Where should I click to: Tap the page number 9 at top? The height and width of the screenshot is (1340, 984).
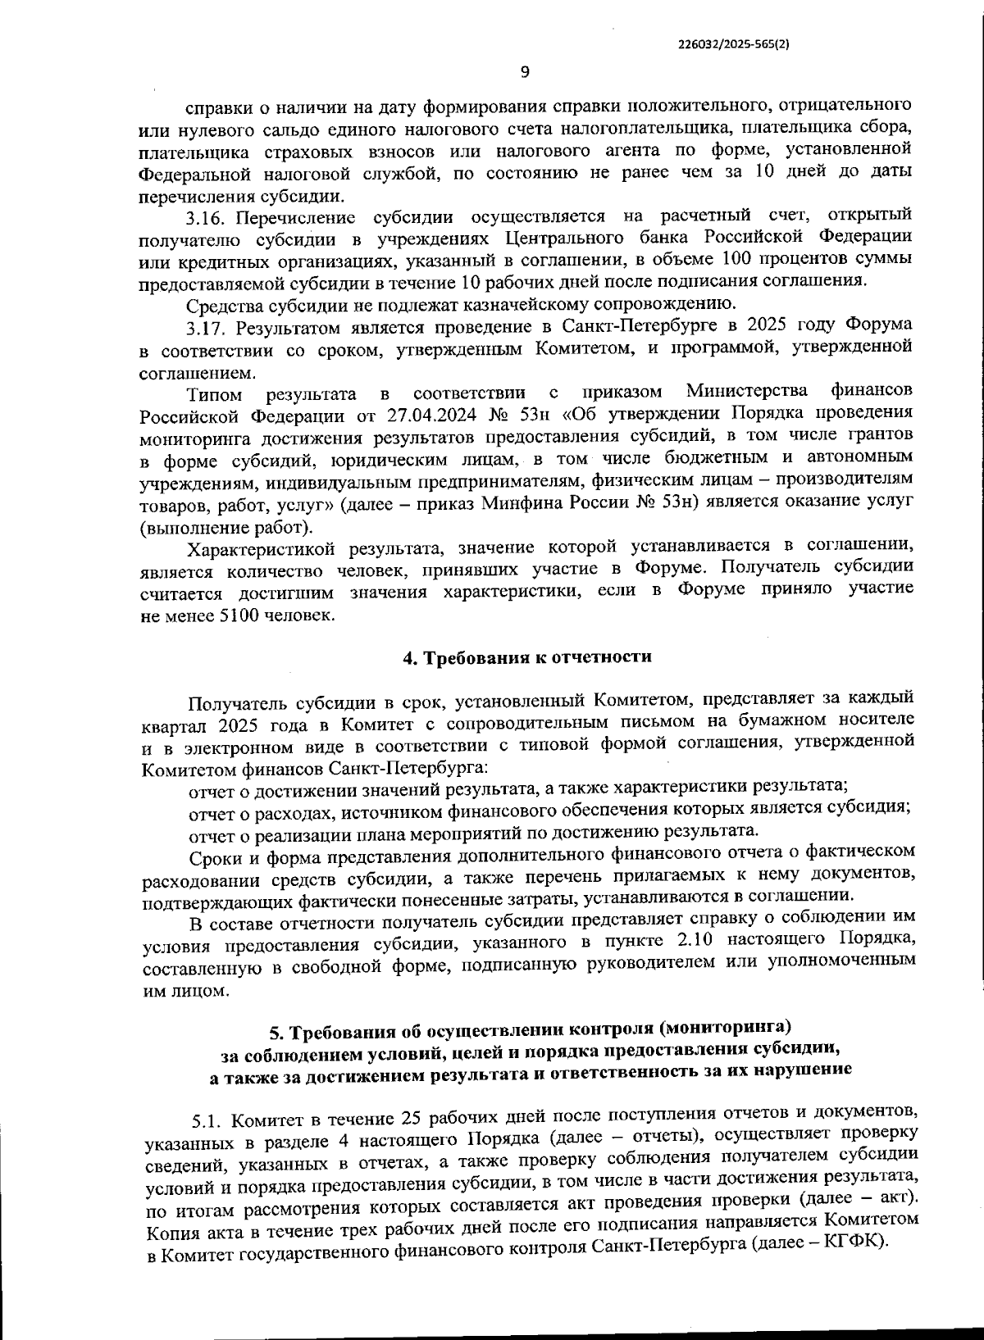click(525, 72)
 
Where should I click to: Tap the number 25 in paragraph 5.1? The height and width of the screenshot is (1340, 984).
click(412, 1119)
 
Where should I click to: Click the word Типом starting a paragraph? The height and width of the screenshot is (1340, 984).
click(214, 393)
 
